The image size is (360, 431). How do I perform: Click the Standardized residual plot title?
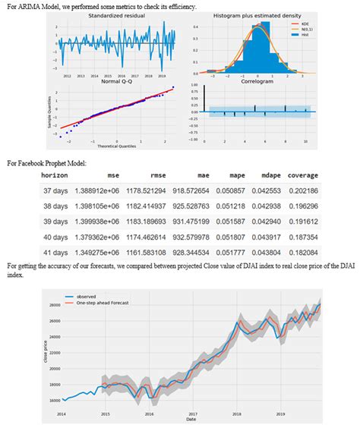pyautogui.click(x=118, y=16)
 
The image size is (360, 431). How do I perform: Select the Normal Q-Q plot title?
pyautogui.click(x=118, y=81)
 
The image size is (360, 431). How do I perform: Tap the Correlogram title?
pyautogui.click(x=257, y=81)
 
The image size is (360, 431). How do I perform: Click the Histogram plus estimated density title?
pyautogui.click(x=257, y=16)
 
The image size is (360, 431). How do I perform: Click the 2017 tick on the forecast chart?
pyautogui.click(x=193, y=414)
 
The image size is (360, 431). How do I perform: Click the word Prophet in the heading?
pyautogui.click(x=63, y=162)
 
